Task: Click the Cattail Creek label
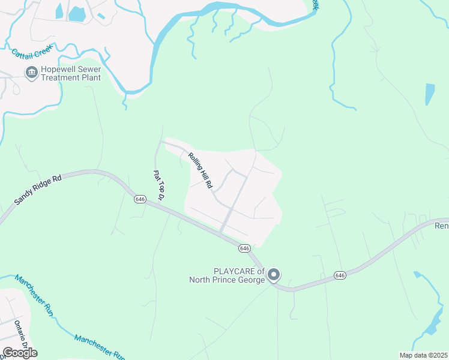pos(33,53)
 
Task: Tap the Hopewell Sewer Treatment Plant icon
pos(32,73)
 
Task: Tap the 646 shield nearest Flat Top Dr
pos(140,199)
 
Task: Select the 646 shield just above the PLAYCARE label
pos(244,248)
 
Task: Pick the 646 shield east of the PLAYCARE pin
pos(340,275)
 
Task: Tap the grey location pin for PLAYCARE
pos(274,275)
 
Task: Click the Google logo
pos(19,353)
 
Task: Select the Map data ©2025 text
pos(424,355)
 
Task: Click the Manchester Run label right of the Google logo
pos(100,347)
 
